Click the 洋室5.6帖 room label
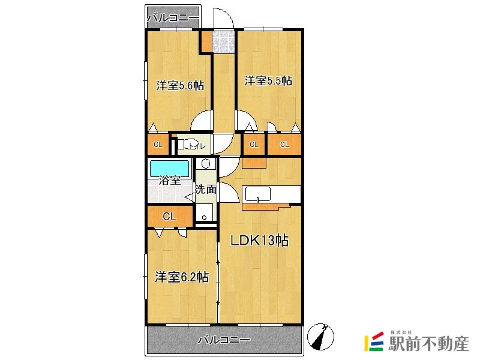tap(180, 85)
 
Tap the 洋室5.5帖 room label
tap(268, 80)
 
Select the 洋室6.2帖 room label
tap(181, 277)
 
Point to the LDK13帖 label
tap(260, 241)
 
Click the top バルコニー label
tap(173, 18)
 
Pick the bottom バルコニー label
tap(223, 340)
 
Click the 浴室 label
tap(170, 179)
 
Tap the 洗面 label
tap(205, 189)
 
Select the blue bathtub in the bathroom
tap(169, 167)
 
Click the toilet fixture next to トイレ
tap(181, 145)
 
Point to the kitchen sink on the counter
tap(257, 194)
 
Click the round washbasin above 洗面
tap(206, 164)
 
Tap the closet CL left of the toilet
tap(158, 145)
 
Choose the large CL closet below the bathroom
tap(170, 216)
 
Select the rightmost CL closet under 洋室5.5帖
tap(284, 145)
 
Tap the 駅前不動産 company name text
tap(427, 344)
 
